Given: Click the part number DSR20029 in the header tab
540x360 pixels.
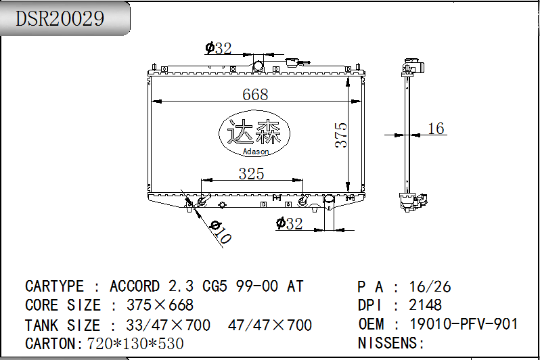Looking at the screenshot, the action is tap(60, 18).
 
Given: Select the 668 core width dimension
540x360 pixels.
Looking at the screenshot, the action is tap(255, 94).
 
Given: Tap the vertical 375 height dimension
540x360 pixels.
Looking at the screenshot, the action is tap(341, 135).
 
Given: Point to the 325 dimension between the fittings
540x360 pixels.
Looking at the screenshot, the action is tap(252, 174).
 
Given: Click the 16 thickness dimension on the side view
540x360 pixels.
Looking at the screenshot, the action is tap(436, 129).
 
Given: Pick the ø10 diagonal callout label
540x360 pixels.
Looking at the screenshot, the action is tap(221, 232).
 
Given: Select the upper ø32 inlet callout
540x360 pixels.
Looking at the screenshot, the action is tap(219, 48).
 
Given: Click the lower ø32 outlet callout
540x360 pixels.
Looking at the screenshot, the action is tap(290, 223).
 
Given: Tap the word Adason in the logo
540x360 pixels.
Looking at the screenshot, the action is tap(256, 151).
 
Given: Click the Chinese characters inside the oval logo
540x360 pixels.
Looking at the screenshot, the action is tap(254, 131).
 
